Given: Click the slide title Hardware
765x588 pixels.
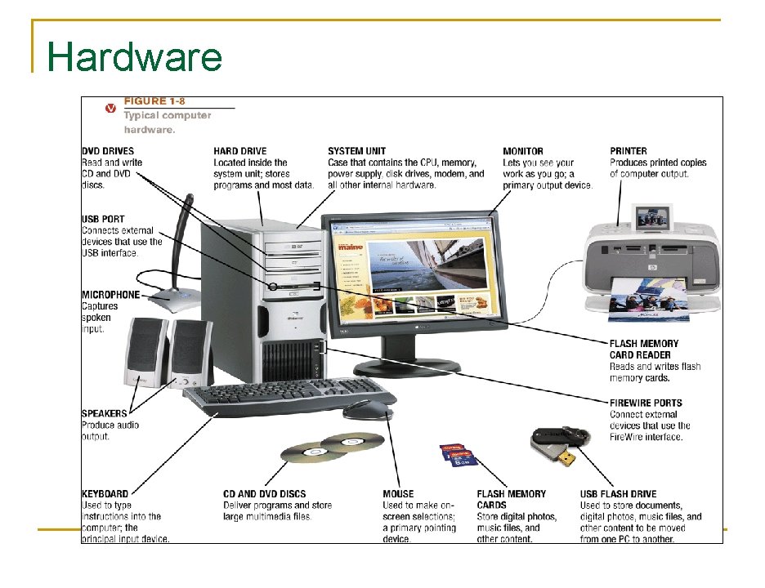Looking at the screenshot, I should pos(135,57).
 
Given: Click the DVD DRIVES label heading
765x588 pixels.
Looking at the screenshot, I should pos(108,151).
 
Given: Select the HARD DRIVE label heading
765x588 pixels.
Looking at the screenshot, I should pos(240,151).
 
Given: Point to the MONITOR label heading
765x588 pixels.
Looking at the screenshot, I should pos(523,151).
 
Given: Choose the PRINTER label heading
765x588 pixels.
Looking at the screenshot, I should pos(629,151).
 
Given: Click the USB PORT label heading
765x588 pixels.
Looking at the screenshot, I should pos(104,220).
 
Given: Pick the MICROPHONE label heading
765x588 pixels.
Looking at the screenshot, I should pos(110,295).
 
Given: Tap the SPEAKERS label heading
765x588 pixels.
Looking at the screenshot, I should pos(105,413).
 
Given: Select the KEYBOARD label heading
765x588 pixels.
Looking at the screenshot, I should pos(105,494).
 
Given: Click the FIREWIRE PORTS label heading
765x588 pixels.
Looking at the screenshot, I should pos(646,403).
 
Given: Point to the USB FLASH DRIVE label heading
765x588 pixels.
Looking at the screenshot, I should pos(618,494).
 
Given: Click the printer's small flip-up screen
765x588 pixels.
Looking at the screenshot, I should pos(652,216).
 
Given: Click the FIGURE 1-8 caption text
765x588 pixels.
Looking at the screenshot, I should pos(154,101).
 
